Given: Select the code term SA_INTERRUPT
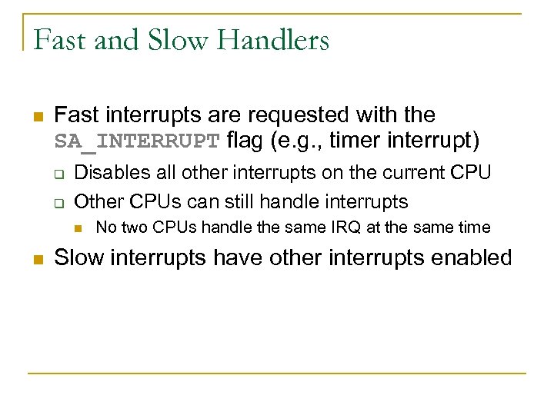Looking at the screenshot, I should pos(138,142).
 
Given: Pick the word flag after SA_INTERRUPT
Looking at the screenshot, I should pos(245,141).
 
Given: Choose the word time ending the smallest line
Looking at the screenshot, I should pos(473,227).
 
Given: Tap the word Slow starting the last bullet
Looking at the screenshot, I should pos(80,257).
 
